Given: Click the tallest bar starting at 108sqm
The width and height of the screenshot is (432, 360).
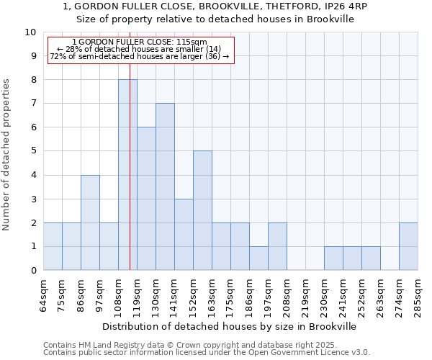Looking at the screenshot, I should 127,175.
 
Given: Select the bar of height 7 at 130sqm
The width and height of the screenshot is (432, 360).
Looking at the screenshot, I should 165,186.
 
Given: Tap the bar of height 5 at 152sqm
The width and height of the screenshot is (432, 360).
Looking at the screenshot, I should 202,210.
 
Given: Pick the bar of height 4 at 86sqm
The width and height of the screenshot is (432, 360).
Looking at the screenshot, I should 90,222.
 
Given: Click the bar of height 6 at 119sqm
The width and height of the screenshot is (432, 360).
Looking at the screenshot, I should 146,199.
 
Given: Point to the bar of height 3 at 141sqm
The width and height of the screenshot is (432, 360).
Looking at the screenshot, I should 184,234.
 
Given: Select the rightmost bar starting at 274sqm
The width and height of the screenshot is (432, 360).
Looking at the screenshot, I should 408,246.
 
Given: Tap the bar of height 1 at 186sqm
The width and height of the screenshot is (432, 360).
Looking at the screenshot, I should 258,258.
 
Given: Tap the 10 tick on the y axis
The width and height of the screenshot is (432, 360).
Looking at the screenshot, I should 30,32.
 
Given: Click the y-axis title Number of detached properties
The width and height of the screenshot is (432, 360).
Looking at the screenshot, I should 7,155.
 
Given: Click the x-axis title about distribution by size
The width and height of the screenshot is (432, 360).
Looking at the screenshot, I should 230,326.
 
